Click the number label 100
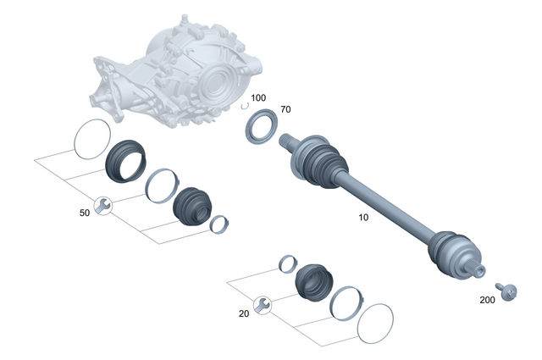coord(257,98)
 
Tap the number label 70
coord(285,109)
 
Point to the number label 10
coord(363,218)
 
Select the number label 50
coord(84,213)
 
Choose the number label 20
coord(244,313)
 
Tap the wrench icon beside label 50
coord(102,205)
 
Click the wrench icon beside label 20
coord(263,305)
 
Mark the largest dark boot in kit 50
coord(125,161)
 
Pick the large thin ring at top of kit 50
coord(91,139)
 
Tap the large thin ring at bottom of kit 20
coord(376,326)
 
